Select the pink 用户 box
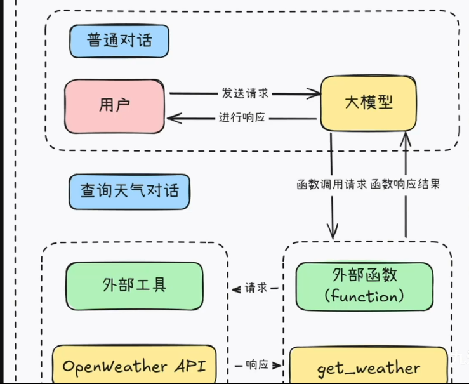point(115,105)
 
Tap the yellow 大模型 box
point(368,103)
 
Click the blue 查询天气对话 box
point(129,190)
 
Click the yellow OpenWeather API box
point(133,366)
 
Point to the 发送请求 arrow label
point(245,93)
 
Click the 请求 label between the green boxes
point(256,288)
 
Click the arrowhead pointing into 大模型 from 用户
point(315,95)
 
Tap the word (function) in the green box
point(364,296)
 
